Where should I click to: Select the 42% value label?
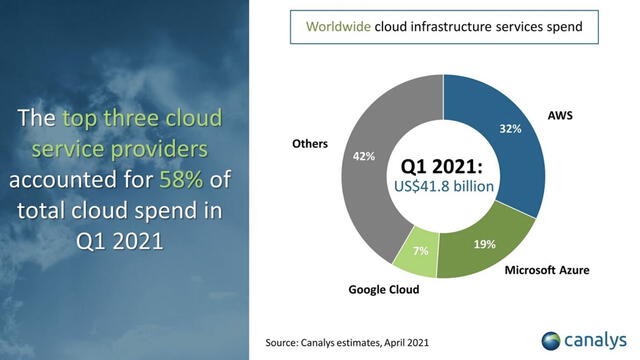[x=364, y=155]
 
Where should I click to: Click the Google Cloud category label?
[x=383, y=290]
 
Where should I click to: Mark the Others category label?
[x=309, y=143]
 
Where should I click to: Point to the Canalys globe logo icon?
[x=554, y=339]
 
